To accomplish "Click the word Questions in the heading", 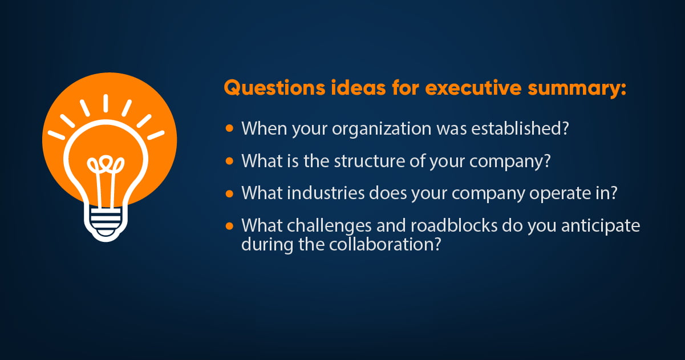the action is pyautogui.click(x=274, y=88).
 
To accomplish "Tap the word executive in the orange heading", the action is pyautogui.click(x=473, y=88).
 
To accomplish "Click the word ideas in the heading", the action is pyautogui.click(x=358, y=88).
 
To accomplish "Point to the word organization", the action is pyautogui.click(x=382, y=129).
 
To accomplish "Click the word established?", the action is pyautogui.click(x=520, y=128).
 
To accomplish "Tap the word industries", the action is pyautogui.click(x=326, y=193).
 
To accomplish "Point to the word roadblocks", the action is pyautogui.click(x=454, y=225).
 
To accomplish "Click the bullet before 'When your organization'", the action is pyautogui.click(x=229, y=128).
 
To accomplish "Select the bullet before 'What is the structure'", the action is pyautogui.click(x=229, y=161).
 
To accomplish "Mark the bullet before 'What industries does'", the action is pyautogui.click(x=229, y=193).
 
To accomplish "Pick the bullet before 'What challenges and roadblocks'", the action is pyautogui.click(x=229, y=226).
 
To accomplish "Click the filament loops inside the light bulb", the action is pyautogui.click(x=106, y=164).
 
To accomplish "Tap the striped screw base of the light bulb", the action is pyautogui.click(x=106, y=223).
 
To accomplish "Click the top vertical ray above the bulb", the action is pyautogui.click(x=106, y=103).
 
